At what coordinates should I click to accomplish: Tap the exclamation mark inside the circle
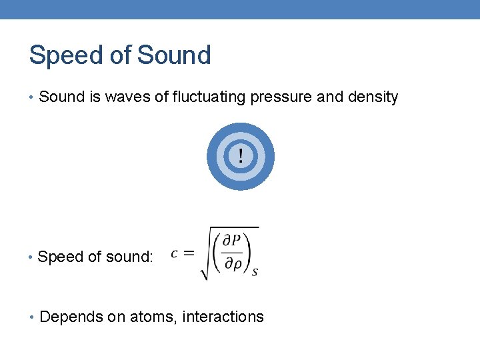[241, 157]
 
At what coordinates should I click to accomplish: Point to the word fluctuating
[209, 97]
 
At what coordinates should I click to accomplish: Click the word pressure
[281, 97]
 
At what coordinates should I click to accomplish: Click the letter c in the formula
[175, 253]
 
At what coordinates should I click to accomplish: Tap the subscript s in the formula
[255, 272]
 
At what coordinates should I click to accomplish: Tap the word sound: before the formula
[131, 257]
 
